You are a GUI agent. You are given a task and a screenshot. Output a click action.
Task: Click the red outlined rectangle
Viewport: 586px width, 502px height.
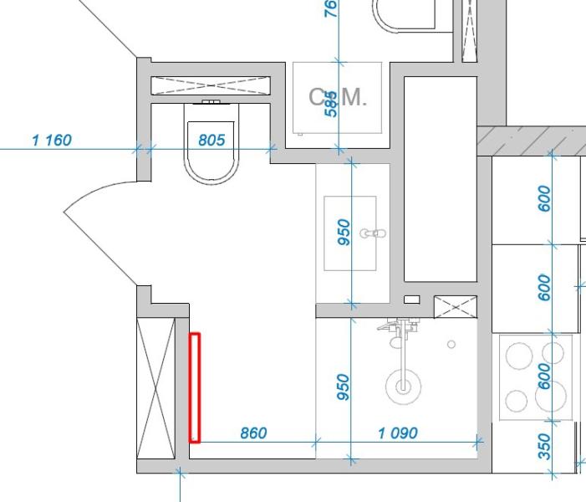(195, 387)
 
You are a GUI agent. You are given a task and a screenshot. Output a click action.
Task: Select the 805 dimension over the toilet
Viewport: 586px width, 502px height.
(211, 140)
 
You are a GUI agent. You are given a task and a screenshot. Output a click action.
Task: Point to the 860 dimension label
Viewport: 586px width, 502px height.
(253, 433)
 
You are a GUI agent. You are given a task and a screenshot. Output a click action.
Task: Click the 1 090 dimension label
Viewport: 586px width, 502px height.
(398, 433)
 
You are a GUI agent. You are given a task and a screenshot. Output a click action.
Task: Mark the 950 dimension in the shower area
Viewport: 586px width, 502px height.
(343, 387)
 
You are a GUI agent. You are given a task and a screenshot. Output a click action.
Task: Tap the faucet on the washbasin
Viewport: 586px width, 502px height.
(371, 233)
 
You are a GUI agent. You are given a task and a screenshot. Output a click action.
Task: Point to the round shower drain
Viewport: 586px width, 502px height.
(403, 387)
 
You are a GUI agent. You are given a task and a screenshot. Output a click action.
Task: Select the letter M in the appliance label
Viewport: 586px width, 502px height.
(354, 97)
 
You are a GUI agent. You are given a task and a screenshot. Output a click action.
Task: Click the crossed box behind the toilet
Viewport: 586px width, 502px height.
(211, 85)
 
